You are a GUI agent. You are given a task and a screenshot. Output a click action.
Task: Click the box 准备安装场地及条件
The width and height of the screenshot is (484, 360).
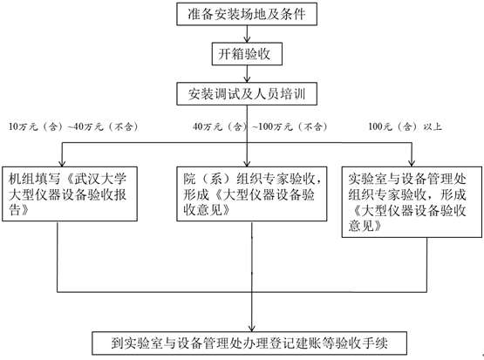247,14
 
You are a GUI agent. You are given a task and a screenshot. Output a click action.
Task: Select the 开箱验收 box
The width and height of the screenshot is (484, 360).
247,54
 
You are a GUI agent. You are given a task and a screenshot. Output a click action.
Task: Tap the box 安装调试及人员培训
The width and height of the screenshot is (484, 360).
247,94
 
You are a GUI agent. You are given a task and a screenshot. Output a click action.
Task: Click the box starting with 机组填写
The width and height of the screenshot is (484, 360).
70,194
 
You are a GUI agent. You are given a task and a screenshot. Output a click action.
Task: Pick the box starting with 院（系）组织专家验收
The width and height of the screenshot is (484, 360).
251,194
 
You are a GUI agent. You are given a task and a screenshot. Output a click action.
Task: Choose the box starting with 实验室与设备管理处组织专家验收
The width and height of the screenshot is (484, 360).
412,202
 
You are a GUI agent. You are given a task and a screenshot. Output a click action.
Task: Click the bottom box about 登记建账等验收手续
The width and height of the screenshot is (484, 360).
249,343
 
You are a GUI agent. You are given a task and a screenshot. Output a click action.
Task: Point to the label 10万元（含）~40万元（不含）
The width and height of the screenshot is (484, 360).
73,126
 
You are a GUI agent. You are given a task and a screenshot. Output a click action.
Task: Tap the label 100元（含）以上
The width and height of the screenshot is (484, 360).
405,126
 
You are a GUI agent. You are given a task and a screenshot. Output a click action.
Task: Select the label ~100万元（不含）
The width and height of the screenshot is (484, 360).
290,126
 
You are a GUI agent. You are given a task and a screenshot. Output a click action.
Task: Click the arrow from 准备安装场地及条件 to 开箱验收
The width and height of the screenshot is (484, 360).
247,34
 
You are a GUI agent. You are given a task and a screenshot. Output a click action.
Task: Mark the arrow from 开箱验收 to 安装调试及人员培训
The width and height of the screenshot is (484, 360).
247,74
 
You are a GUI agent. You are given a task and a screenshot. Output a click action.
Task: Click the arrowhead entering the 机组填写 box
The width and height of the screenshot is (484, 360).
62,164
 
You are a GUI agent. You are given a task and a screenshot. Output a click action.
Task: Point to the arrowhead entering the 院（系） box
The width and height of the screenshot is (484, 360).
247,164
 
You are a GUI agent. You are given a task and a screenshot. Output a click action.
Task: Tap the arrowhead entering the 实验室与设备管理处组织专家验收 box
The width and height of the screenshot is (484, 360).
412,164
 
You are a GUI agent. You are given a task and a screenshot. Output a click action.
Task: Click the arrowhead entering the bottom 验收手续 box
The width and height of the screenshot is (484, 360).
252,329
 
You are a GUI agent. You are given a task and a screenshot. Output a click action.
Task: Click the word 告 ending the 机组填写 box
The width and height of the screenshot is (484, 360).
15,210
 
